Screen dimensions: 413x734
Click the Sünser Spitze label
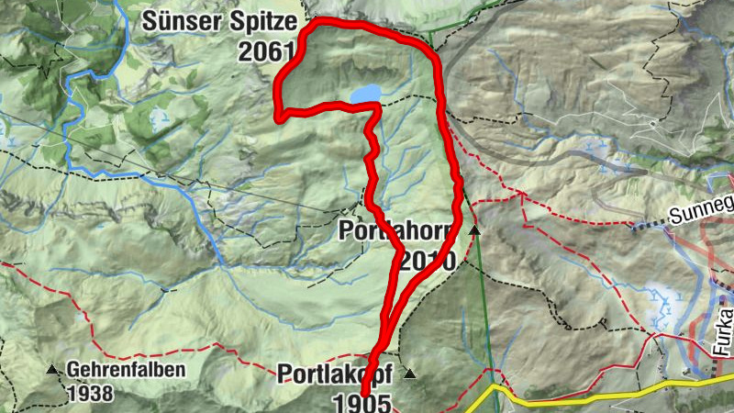tap(217, 22)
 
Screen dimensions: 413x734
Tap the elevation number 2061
tap(265, 52)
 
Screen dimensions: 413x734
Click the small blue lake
tap(365, 94)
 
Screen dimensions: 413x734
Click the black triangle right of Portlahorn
tap(474, 230)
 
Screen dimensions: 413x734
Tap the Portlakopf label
tap(336, 374)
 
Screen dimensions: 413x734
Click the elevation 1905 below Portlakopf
tap(362, 401)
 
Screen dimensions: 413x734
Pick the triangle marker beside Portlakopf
tap(410, 374)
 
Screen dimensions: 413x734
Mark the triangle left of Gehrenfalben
tap(51, 370)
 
